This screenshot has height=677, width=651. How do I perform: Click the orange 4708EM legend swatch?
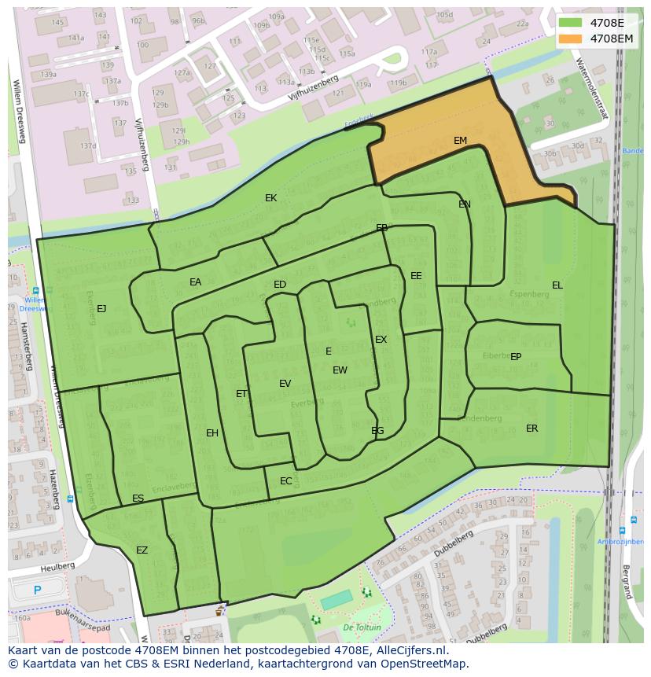(x=572, y=38)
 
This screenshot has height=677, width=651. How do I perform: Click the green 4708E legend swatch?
(x=572, y=23)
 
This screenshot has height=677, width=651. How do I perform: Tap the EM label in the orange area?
(x=460, y=141)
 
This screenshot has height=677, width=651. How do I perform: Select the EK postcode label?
(x=270, y=198)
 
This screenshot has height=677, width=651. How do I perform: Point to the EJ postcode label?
(x=101, y=309)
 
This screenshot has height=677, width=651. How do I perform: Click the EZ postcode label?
(x=142, y=550)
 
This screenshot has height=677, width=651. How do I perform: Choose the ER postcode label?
(x=532, y=429)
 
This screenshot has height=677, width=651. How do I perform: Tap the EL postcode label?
(x=557, y=285)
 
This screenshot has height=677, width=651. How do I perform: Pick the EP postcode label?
(x=516, y=357)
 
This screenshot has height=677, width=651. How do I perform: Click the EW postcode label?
(x=340, y=370)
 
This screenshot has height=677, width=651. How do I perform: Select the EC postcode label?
(x=285, y=481)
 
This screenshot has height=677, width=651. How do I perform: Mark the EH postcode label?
(x=212, y=433)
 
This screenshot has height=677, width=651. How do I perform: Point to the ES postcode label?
(x=138, y=499)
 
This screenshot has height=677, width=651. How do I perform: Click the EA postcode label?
(x=195, y=282)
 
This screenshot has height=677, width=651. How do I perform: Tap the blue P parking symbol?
(x=37, y=590)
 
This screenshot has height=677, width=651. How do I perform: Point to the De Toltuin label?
(x=362, y=627)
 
